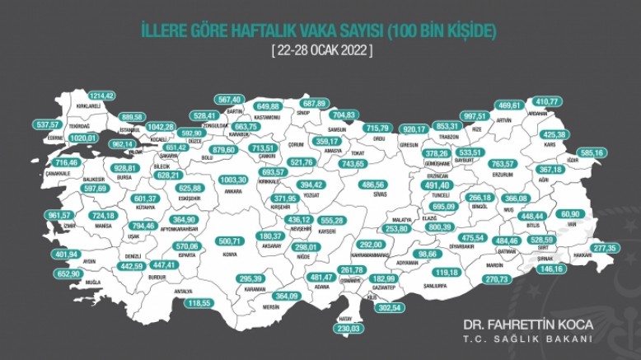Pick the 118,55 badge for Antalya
(x=199, y=303)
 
